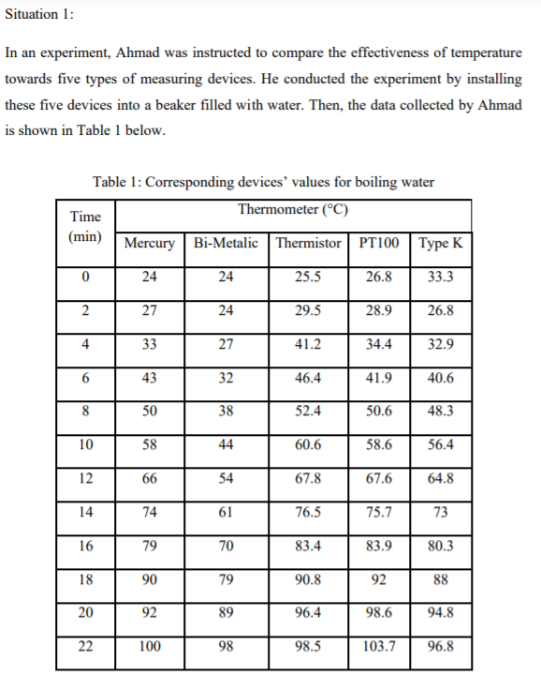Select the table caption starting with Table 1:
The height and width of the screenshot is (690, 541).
coord(263,181)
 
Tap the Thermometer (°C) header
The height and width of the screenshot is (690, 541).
coord(294,209)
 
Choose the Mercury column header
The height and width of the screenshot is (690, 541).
coord(149,243)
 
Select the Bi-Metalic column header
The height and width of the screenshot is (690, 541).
coord(226,243)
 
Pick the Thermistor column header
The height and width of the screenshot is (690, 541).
coord(308,243)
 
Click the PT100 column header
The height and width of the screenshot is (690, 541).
coord(378,243)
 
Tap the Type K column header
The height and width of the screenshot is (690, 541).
coord(440,243)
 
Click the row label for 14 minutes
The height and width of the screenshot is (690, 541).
coord(85,512)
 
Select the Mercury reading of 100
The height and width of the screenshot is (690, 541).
coord(149,646)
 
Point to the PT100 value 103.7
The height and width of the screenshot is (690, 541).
coord(378,646)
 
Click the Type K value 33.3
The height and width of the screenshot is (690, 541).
coord(440,277)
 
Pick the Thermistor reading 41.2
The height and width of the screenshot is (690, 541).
coord(308,344)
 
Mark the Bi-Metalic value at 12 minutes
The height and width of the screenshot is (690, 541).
coord(226,478)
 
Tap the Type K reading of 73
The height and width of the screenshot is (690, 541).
coord(440,512)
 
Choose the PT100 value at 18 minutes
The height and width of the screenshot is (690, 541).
coord(378,579)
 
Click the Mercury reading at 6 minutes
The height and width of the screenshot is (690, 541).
coord(149,378)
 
